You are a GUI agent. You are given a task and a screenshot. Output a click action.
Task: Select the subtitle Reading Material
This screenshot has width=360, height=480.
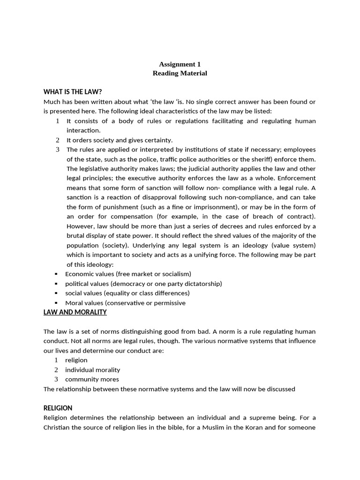coord(180,74)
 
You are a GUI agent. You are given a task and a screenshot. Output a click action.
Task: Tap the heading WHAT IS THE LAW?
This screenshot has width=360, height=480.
coord(73,92)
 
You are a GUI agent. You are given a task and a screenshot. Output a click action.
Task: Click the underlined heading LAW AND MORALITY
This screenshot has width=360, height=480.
coord(75,312)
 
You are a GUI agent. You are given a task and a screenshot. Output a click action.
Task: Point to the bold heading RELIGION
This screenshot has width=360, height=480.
coord(58,408)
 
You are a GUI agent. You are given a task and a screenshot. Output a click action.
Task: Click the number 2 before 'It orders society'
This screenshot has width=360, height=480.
coord(57,140)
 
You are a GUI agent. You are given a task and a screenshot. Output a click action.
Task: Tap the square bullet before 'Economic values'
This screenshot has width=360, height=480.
coord(56,274)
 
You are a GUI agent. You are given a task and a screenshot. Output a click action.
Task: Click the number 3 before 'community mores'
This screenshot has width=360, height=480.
coord(56,379)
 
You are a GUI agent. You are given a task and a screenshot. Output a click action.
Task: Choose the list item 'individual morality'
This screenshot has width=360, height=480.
coord(92,370)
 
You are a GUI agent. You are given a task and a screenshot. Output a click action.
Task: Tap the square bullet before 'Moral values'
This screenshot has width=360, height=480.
coord(56,303)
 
